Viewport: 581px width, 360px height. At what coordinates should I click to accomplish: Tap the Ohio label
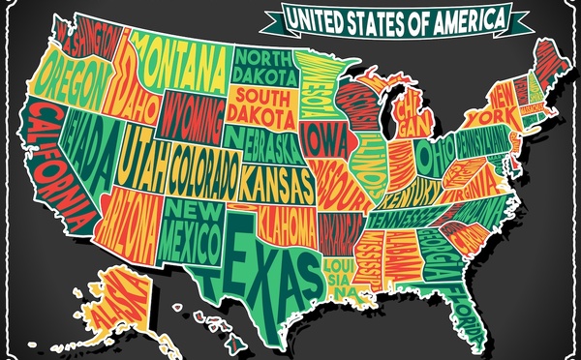[x=435, y=155]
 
